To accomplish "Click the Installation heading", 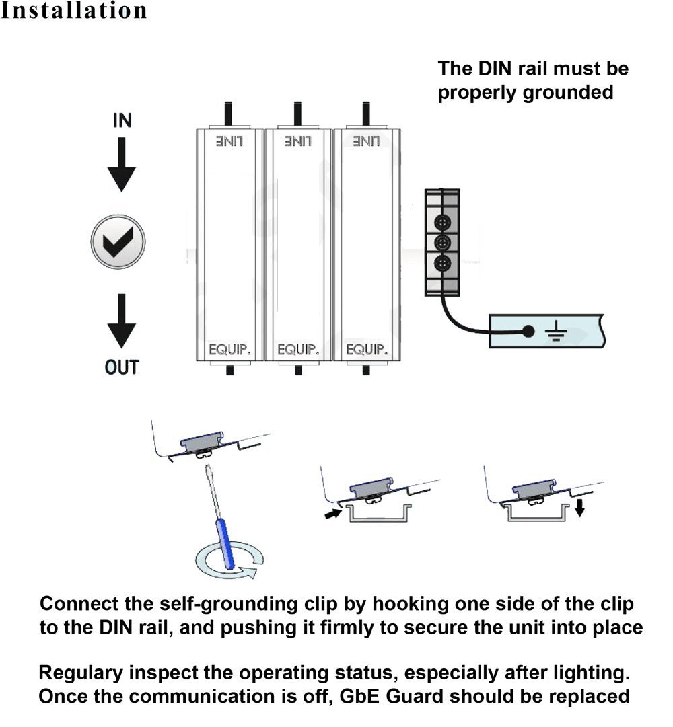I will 73,11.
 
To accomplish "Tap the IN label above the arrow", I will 122,121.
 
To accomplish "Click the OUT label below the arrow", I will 122,368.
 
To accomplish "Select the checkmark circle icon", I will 118,241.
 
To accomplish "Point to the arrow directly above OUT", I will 122,321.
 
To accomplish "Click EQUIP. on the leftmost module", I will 229,350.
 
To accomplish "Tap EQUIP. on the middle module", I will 297,350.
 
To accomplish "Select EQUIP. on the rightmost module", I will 366,350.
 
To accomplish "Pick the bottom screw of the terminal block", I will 442,263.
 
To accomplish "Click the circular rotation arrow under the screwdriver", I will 229,564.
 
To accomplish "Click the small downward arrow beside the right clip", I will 580,506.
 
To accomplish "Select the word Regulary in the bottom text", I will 81,673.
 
